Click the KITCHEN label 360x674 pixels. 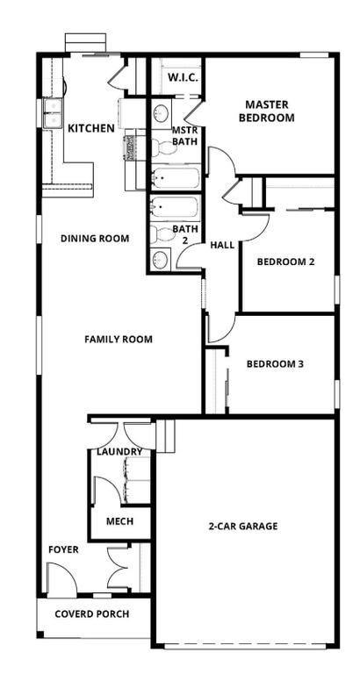90,128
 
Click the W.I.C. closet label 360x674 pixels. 183,77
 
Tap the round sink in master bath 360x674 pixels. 162,114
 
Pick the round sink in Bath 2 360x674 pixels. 161,259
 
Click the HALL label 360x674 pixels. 223,245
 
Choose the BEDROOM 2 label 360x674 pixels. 285,262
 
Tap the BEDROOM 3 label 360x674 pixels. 275,364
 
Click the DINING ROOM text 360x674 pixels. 95,238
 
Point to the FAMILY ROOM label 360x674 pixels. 119,339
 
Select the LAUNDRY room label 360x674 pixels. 120,451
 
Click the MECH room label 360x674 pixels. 119,520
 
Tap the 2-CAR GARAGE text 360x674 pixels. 243,527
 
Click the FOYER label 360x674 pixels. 63,550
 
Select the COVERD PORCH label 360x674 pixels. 92,613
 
